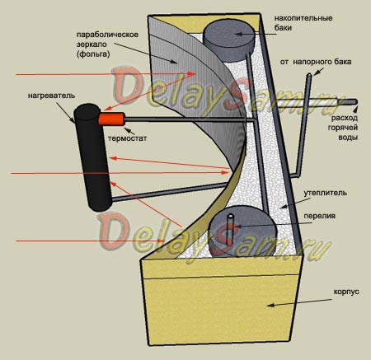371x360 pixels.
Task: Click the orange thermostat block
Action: [x=111, y=119]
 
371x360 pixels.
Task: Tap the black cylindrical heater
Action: [x=93, y=157]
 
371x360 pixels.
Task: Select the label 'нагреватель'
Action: [x=51, y=96]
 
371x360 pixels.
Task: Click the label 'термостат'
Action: [x=127, y=138]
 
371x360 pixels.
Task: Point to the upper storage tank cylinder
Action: [x=229, y=41]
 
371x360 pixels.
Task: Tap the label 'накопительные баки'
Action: [x=303, y=23]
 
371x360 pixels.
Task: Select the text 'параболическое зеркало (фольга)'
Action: [x=107, y=44]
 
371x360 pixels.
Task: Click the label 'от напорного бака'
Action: [x=316, y=62]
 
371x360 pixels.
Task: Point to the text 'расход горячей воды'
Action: [x=343, y=128]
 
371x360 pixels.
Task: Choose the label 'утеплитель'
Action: [x=325, y=193]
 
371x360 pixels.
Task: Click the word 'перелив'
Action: [x=319, y=216]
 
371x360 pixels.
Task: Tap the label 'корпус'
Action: [x=346, y=292]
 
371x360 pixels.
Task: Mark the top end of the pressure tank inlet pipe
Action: [x=309, y=74]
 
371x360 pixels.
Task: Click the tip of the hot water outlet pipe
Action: [x=356, y=101]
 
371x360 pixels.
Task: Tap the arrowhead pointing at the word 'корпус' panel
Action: [x=270, y=305]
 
